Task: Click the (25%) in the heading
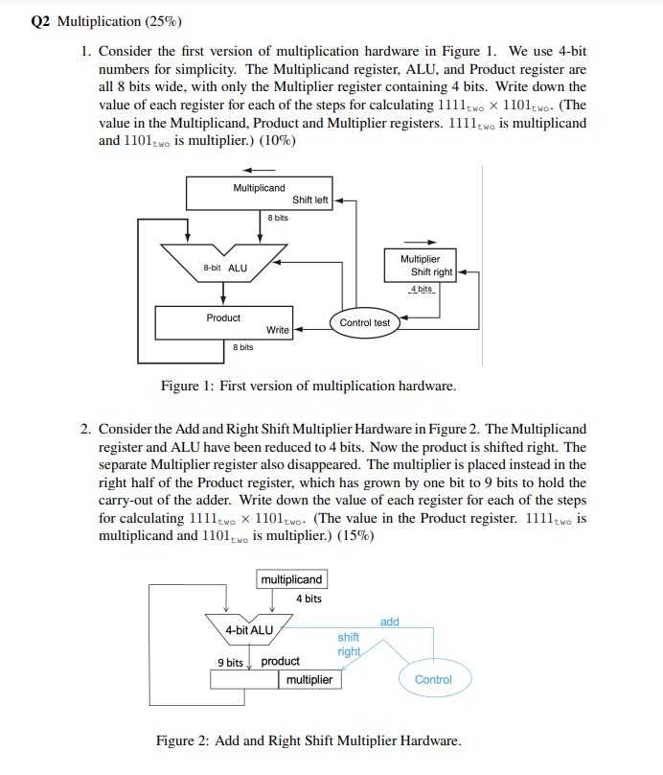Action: [x=162, y=20]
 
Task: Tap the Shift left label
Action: [x=309, y=200]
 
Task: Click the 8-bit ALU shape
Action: [x=224, y=266]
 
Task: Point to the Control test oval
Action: [x=365, y=322]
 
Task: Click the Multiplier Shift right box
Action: [x=421, y=266]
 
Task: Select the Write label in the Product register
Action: [x=278, y=330]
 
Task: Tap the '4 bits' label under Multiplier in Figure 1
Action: [x=421, y=289]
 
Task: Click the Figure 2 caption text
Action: [x=309, y=740]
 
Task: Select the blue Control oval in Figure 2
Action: [x=433, y=679]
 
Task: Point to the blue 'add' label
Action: [x=389, y=622]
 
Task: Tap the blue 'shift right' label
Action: [x=349, y=644]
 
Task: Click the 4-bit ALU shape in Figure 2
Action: [x=248, y=629]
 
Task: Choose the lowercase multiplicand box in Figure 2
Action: [x=292, y=579]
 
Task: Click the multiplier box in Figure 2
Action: [x=309, y=679]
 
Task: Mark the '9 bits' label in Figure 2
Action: [x=229, y=661]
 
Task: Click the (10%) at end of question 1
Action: [x=278, y=141]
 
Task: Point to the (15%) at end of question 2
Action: [x=356, y=535]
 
